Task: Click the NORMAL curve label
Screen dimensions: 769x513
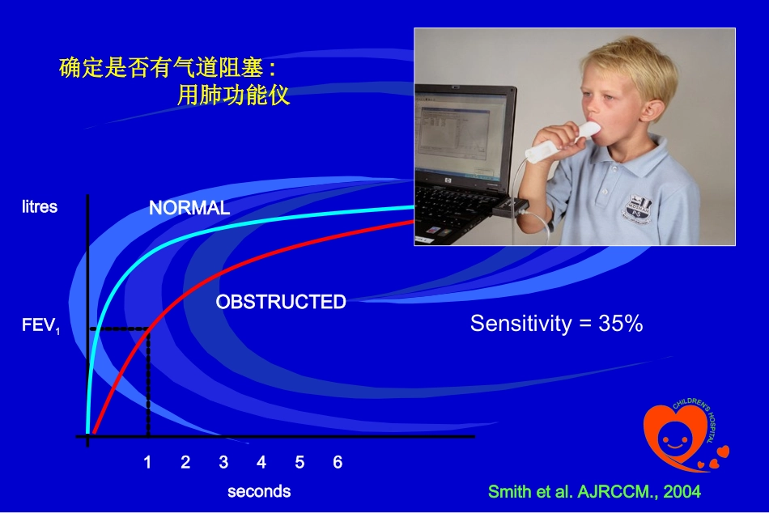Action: click(x=189, y=208)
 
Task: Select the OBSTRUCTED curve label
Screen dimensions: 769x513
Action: click(x=281, y=302)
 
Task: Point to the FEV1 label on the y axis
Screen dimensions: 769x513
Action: click(x=40, y=325)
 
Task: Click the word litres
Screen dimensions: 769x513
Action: click(x=40, y=206)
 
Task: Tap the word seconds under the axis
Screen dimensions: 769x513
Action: click(x=259, y=491)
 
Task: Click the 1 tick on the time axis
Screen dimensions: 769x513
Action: click(x=147, y=462)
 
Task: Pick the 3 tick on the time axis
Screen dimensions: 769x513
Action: click(x=223, y=462)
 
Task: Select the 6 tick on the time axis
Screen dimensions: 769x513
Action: click(x=338, y=462)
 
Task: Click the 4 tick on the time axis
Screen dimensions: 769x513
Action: click(x=261, y=462)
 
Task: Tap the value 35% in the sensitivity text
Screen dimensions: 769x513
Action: click(x=620, y=323)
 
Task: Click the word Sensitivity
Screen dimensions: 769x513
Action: click(x=520, y=324)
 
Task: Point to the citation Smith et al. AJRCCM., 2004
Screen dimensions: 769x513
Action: click(x=594, y=491)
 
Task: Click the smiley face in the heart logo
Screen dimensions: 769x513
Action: click(x=675, y=435)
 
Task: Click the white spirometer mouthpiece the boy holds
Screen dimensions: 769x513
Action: click(x=564, y=142)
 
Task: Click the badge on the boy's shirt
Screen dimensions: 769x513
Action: click(x=639, y=210)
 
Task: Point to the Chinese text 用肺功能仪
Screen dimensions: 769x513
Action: click(x=233, y=95)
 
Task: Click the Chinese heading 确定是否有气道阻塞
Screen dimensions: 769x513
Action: click(x=167, y=67)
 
